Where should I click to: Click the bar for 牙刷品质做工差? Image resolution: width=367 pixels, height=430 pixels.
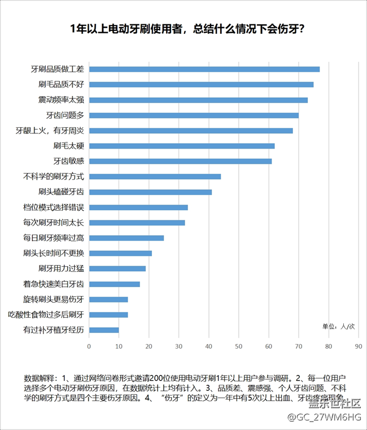[x=204, y=69]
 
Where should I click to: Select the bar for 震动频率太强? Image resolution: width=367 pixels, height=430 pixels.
[x=198, y=100]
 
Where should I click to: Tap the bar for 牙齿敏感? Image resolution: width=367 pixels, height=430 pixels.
[x=180, y=161]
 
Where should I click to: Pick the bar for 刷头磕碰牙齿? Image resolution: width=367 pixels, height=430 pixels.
[x=150, y=192]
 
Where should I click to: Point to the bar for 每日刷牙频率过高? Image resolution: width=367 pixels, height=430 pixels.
[x=126, y=238]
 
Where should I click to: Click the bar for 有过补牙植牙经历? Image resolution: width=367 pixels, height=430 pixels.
[x=104, y=330]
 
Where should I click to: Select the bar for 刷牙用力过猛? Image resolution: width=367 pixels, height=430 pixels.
[x=117, y=268]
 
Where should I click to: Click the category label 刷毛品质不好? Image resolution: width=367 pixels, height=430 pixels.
[x=61, y=85]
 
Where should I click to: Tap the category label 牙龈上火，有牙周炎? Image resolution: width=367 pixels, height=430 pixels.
[x=50, y=131]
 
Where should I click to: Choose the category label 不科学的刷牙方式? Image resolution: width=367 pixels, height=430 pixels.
[x=54, y=176]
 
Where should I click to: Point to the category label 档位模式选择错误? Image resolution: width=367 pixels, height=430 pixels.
[x=54, y=207]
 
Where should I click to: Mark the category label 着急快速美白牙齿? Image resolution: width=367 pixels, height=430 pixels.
[x=54, y=284]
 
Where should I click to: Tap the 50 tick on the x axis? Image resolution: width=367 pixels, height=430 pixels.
[x=239, y=346]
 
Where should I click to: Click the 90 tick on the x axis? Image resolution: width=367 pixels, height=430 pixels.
[x=358, y=346]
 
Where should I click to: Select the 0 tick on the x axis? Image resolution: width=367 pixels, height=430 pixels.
[x=89, y=346]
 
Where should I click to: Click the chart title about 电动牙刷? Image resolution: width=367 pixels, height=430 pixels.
[x=183, y=29]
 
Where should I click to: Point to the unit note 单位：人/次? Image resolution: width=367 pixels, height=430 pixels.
[x=338, y=326]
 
